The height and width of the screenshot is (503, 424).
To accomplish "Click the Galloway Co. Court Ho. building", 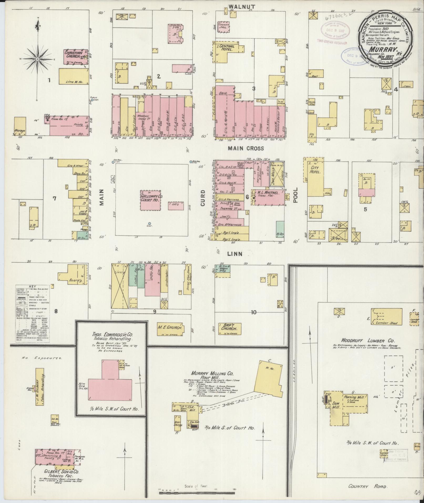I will (151, 200).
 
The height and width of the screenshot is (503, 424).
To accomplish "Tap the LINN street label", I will (235, 254).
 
